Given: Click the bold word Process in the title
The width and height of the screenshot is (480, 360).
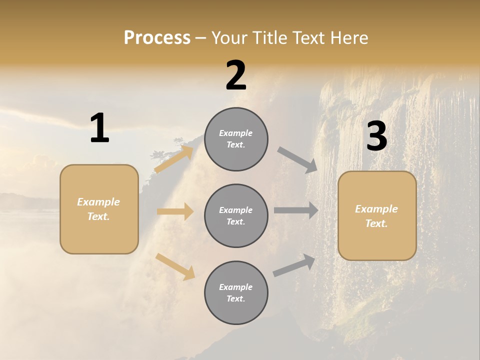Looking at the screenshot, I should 157,37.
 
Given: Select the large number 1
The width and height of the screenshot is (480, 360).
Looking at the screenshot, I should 99,128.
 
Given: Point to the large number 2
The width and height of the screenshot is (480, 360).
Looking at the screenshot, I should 236,75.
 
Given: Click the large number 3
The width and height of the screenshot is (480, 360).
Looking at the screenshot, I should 376,136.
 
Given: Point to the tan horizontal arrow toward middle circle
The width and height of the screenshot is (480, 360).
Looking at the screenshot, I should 175,211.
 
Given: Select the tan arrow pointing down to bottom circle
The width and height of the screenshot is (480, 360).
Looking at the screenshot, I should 175,266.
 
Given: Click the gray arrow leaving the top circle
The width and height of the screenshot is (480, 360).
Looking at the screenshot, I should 297,160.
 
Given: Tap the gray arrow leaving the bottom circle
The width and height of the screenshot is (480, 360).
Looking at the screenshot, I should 294,265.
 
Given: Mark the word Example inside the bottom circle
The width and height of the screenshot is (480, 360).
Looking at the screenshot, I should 235,287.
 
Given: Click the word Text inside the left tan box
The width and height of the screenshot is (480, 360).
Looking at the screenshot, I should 98,216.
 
